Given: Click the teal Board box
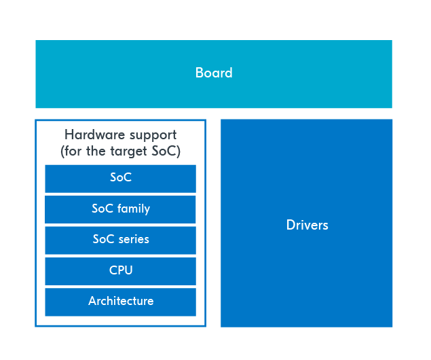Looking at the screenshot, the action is click(214, 74).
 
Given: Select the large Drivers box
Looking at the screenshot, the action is click(307, 223).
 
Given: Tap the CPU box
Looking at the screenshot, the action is click(120, 271).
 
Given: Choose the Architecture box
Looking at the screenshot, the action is click(120, 302).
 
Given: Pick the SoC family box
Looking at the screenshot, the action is click(120, 210).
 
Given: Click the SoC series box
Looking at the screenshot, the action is click(120, 240).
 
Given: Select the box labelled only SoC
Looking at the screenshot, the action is click(120, 179).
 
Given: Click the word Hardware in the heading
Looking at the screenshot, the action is click(95, 134).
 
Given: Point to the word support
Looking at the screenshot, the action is click(153, 136).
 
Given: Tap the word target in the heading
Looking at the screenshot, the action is click(129, 151).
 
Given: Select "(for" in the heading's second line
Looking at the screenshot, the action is click(71, 151).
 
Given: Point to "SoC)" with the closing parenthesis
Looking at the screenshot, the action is click(166, 151).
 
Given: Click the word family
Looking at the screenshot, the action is click(134, 209).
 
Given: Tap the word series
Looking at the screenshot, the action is click(134, 240).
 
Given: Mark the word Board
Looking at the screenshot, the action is click(214, 73).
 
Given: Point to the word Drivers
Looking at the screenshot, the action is click(307, 225).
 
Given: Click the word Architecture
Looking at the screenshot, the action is click(121, 301).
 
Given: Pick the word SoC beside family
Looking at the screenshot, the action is click(102, 209).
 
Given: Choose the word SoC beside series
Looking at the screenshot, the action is click(104, 239).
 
